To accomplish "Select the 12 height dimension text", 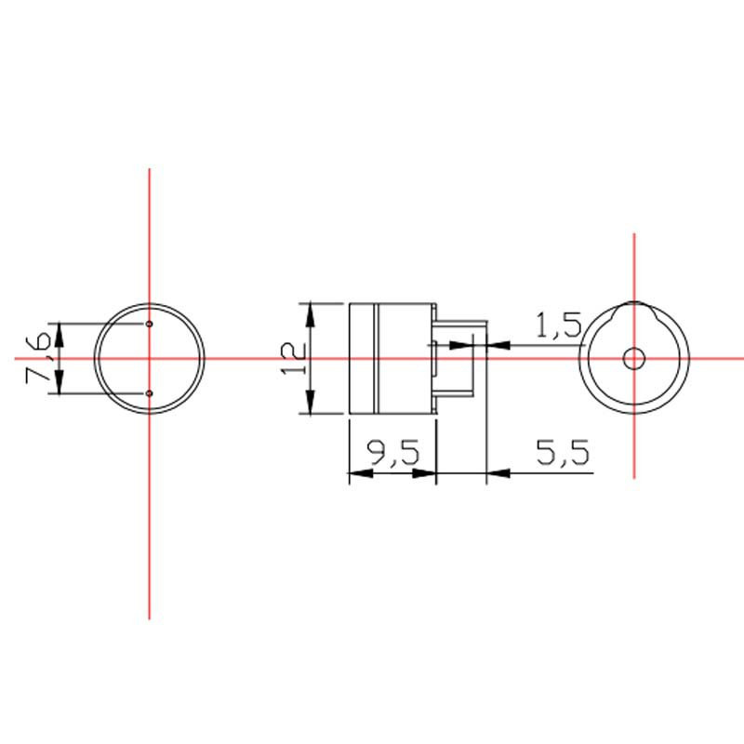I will [292, 357].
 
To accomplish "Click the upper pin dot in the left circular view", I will [150, 324].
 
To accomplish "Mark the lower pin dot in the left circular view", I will [150, 394].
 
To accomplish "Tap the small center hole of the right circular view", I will [634, 358].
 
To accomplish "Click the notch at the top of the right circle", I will [634, 306].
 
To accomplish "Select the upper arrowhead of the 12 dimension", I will [312, 312].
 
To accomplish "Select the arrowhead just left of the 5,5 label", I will [498, 475].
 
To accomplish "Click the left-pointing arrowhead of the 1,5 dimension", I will [498, 346].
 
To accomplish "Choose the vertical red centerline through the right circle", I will [634, 437].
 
